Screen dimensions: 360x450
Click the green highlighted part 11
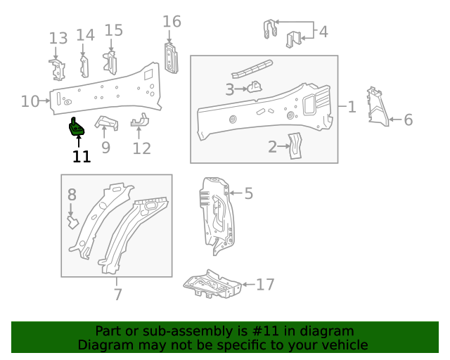75,127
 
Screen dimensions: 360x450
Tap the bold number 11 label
82,157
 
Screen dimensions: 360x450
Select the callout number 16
172,22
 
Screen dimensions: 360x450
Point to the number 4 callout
323,32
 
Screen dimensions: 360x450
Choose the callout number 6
408,120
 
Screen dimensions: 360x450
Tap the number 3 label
229,89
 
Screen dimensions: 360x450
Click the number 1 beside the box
352,107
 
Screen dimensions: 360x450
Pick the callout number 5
247,193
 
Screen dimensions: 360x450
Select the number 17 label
264,285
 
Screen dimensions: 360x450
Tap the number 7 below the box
117,295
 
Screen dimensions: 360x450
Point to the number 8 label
72,195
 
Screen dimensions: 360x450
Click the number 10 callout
30,101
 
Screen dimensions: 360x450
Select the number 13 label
58,38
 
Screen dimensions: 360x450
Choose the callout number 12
141,148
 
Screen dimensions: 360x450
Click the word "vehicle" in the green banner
344,345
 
